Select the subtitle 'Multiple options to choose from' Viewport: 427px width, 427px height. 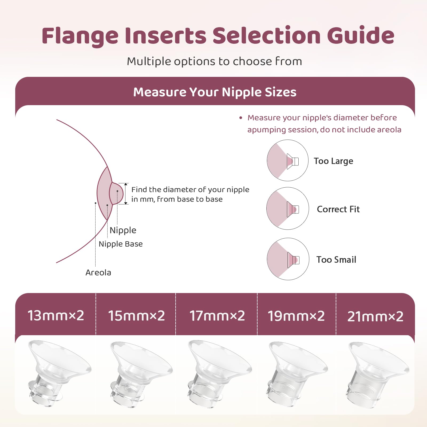214,61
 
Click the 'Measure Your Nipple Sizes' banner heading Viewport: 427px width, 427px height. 215,92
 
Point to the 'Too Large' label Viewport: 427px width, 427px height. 333,161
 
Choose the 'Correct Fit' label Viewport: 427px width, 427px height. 338,209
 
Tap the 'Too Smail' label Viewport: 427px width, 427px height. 336,259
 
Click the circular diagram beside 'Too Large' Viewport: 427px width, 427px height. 288,160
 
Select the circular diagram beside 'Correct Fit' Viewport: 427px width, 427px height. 288,208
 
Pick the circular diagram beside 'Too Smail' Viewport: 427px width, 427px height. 288,259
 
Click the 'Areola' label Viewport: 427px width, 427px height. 98,272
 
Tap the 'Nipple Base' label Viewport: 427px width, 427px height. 121,244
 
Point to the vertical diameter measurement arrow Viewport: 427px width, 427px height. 126,194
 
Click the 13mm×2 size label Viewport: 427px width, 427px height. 56,315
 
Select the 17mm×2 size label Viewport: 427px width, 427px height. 217,316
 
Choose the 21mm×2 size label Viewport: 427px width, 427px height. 375,316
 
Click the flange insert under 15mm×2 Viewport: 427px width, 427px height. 139,374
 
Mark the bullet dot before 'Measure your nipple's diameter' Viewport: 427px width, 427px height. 241,118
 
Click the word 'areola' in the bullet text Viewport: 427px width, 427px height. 389,130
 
